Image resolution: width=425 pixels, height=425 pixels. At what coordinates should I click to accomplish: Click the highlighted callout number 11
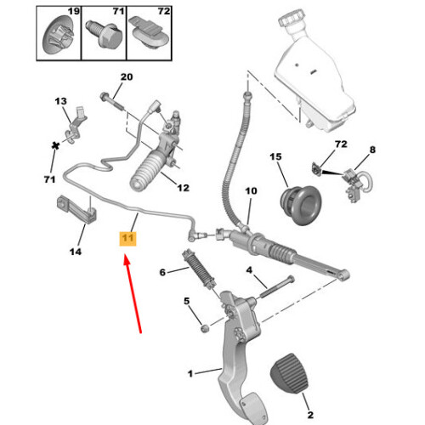click(x=127, y=238)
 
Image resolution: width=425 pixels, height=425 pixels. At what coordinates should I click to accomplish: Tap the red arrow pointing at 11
click(x=133, y=293)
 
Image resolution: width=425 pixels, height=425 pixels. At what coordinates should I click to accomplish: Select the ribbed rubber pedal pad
click(x=289, y=373)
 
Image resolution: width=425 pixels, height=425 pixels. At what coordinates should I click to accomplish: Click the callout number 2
click(x=310, y=415)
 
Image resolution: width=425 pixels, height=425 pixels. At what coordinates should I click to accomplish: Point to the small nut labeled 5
click(x=205, y=329)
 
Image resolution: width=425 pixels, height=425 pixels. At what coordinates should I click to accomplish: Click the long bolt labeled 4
click(x=276, y=286)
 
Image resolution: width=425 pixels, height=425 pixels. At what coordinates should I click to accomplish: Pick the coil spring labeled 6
click(x=199, y=269)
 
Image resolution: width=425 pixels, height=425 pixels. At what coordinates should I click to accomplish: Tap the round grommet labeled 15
click(x=301, y=205)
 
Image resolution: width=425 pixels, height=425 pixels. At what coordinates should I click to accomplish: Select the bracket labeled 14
click(x=76, y=210)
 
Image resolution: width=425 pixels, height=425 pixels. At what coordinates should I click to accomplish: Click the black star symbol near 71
click(x=55, y=146)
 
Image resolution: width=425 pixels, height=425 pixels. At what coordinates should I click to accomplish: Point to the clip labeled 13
click(x=76, y=125)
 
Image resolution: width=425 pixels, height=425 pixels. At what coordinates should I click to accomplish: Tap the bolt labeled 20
click(x=112, y=101)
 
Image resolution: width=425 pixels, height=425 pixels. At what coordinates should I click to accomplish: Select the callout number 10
click(x=251, y=191)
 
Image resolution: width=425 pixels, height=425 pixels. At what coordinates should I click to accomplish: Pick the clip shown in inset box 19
click(x=58, y=35)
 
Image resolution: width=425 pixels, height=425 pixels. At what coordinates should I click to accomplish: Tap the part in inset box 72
click(x=149, y=33)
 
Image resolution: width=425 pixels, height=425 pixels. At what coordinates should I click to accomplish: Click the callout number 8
click(x=372, y=150)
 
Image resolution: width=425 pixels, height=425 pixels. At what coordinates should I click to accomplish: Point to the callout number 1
click(x=190, y=373)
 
